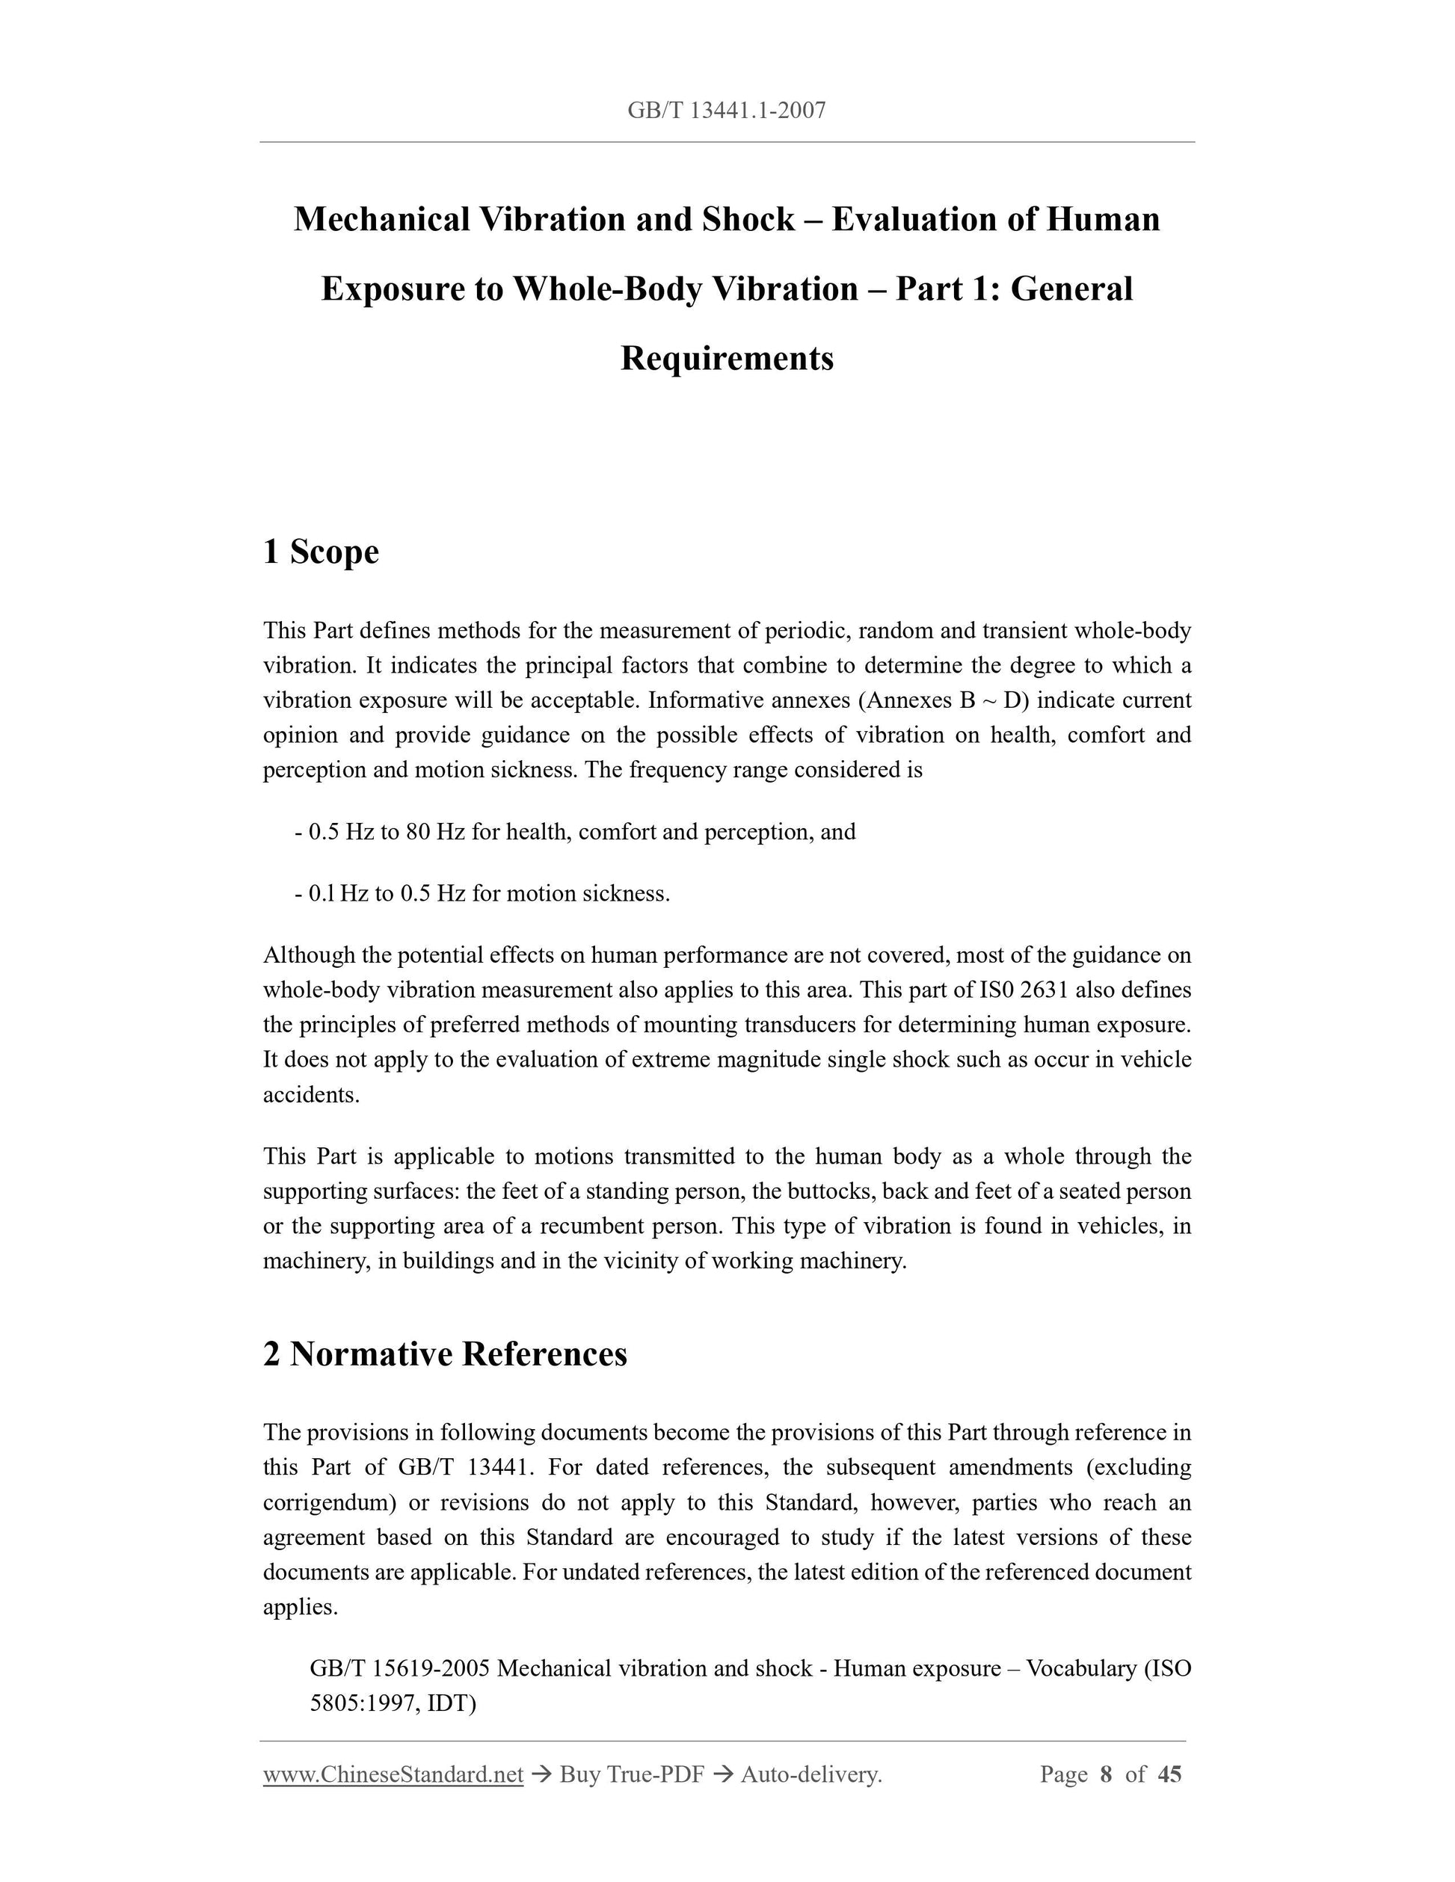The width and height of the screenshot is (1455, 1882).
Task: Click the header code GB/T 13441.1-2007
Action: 727,111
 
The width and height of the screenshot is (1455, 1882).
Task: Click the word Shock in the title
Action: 748,220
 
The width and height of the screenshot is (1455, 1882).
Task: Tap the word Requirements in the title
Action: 727,359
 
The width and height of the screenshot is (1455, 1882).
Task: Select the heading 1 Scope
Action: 321,552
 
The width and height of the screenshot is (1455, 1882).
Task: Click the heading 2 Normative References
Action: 445,1354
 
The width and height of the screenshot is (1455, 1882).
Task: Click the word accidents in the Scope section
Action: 310,1095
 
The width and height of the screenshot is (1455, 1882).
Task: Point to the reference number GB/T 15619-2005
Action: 400,1668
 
